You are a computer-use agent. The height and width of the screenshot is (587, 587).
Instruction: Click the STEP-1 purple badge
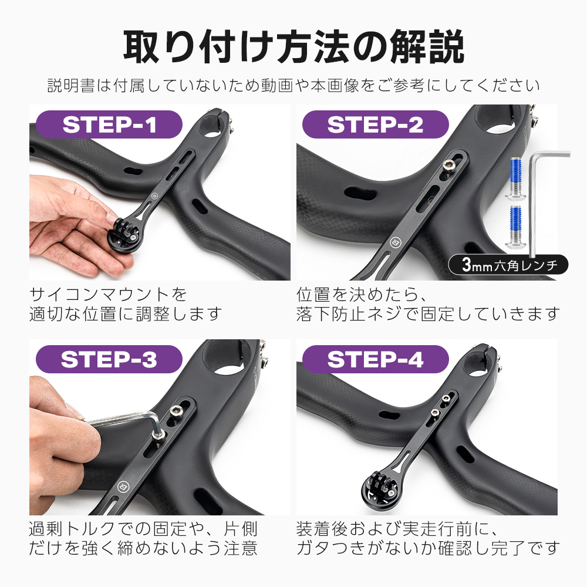point(110,124)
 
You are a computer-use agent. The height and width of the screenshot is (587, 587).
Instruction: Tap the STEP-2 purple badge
point(375,124)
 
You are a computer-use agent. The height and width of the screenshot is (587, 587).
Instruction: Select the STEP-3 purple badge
point(109,359)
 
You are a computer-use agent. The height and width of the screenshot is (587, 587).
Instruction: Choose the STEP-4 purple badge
point(375,359)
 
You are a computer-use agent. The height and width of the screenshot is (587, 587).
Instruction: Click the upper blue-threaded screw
point(514,176)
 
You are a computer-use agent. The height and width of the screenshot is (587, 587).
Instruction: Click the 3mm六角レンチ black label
point(508,265)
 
